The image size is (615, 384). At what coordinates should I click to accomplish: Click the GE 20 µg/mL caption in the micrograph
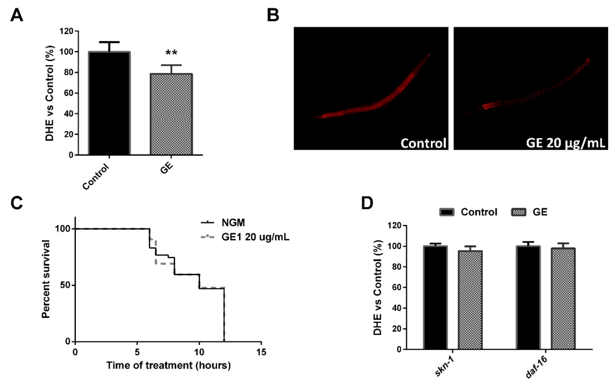(x=565, y=143)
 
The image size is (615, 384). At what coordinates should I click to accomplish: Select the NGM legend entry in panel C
(x=233, y=223)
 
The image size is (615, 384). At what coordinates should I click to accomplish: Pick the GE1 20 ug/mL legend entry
(x=255, y=237)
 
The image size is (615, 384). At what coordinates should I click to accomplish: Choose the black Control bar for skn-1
(x=435, y=297)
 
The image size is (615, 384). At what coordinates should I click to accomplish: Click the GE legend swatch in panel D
(x=518, y=212)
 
